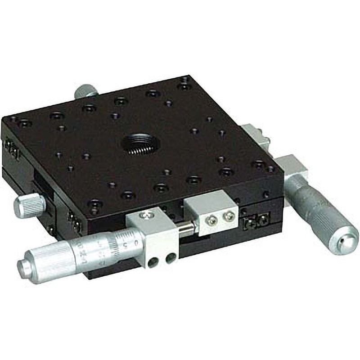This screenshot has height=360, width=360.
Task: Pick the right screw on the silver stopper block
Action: [x=228, y=219]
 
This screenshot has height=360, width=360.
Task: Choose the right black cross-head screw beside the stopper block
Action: [x=261, y=220]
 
